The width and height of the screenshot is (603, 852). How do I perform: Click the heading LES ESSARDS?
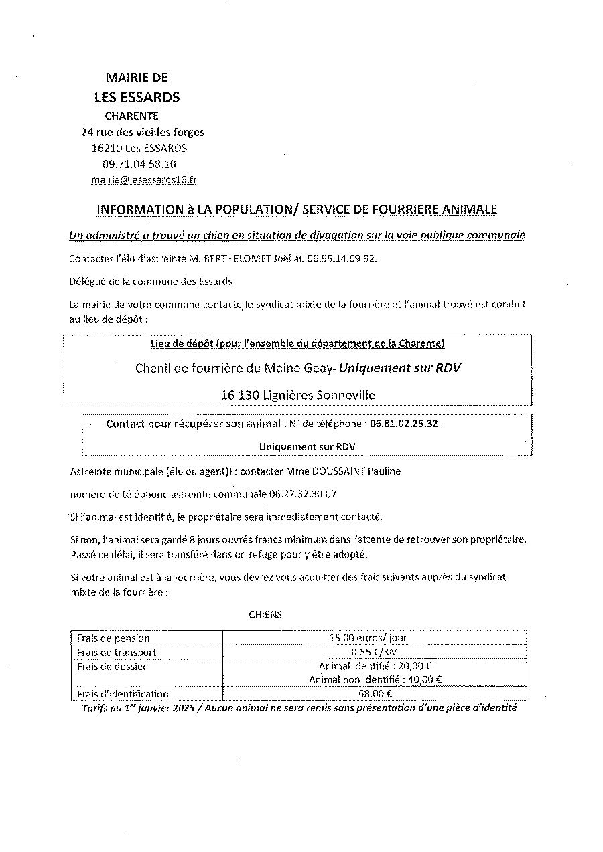137,97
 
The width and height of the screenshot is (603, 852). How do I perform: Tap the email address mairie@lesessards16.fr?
143,180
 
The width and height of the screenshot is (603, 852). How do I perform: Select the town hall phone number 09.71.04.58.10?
139,164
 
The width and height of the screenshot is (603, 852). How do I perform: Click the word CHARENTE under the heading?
131,116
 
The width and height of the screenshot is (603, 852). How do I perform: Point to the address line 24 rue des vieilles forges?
143,132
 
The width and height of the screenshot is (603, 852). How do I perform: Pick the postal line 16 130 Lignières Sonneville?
297,395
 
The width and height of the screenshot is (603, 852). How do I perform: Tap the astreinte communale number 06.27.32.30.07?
303,495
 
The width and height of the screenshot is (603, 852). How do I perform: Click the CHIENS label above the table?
265,615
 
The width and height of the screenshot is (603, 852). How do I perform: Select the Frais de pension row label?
113,638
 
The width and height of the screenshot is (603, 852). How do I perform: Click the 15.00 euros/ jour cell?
368,638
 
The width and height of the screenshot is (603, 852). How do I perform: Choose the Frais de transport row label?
117,652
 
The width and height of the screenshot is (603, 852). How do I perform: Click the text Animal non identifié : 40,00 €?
375,679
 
